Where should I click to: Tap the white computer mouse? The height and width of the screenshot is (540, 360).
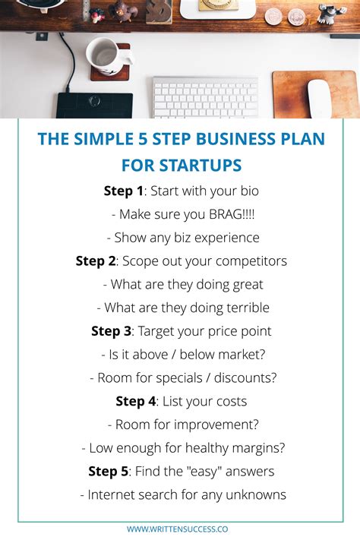pos(319,98)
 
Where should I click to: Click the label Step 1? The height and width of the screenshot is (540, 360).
pos(123,191)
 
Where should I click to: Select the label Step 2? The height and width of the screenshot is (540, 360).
pos(96,261)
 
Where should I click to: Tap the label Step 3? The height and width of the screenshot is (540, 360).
pos(111,331)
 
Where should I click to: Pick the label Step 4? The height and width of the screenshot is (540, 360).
pos(135,401)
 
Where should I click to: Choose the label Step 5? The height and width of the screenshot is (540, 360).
pos(108,472)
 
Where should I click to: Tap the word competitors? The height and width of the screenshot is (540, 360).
pos(249,261)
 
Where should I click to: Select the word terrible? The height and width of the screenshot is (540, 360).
pos(244,308)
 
